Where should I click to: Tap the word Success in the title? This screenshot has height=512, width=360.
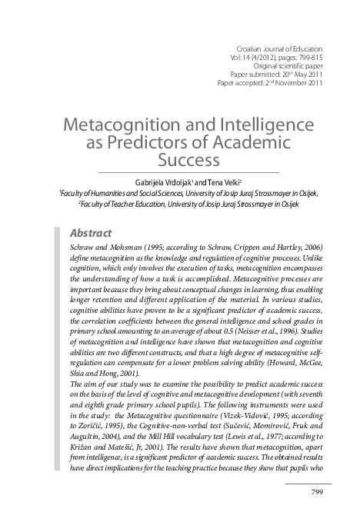tap(189, 160)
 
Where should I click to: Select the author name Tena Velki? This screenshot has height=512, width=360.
tap(229, 180)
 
